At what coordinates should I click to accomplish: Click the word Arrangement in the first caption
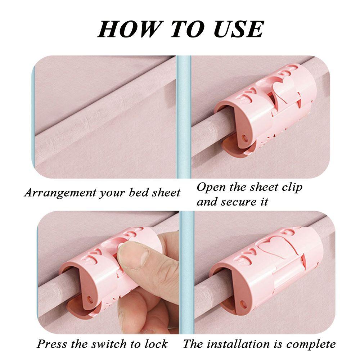point(59,193)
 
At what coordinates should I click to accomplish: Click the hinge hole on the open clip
point(246,138)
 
